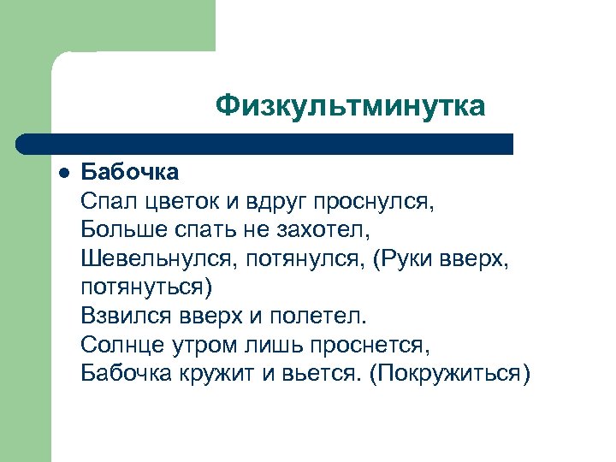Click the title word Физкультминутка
click(350, 106)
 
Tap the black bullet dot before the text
click(62, 172)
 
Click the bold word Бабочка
click(130, 172)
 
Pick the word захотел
click(329, 229)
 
